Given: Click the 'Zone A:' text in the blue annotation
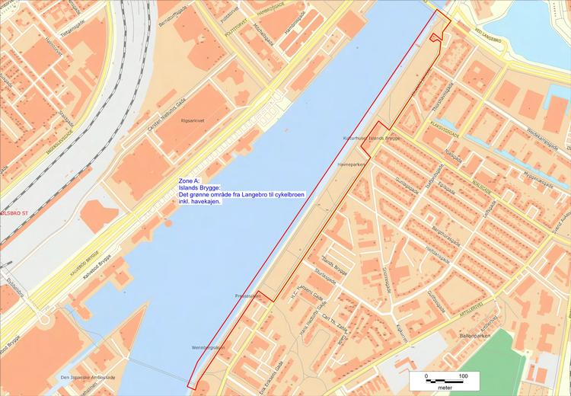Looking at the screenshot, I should (190, 181).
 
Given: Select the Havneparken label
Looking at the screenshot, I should (354, 164).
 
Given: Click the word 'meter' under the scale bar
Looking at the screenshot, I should (445, 388).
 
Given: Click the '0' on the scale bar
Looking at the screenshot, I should (426, 376).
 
